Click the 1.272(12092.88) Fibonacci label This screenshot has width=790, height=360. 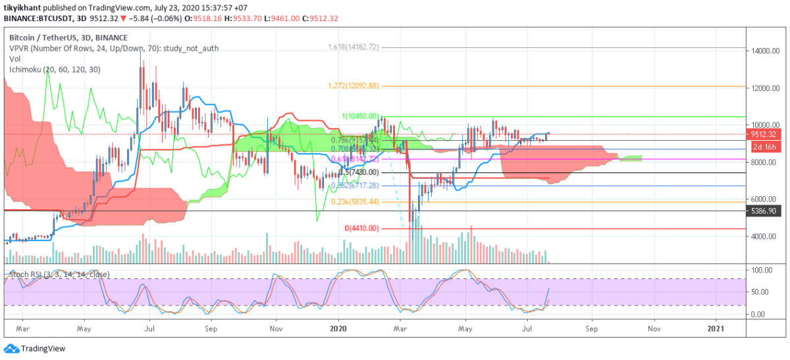coord(354,86)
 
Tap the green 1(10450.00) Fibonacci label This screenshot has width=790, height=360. coord(360,116)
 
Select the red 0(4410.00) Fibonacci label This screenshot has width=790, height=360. coord(363,228)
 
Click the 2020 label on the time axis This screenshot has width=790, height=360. coord(338,327)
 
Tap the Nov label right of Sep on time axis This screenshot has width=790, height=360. coord(654,327)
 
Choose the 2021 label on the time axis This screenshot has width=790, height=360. coord(717,327)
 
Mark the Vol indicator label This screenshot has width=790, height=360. coord(14,59)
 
